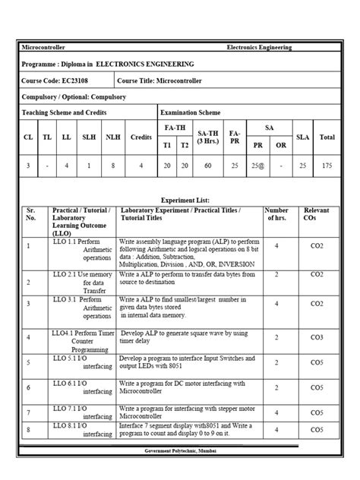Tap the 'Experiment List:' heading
179,199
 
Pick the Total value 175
327,164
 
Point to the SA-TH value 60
207,164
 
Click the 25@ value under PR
258,164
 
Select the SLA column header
302,137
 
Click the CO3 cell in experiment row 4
316,336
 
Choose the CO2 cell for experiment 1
316,246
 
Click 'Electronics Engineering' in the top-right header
259,48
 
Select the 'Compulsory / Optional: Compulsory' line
74,97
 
